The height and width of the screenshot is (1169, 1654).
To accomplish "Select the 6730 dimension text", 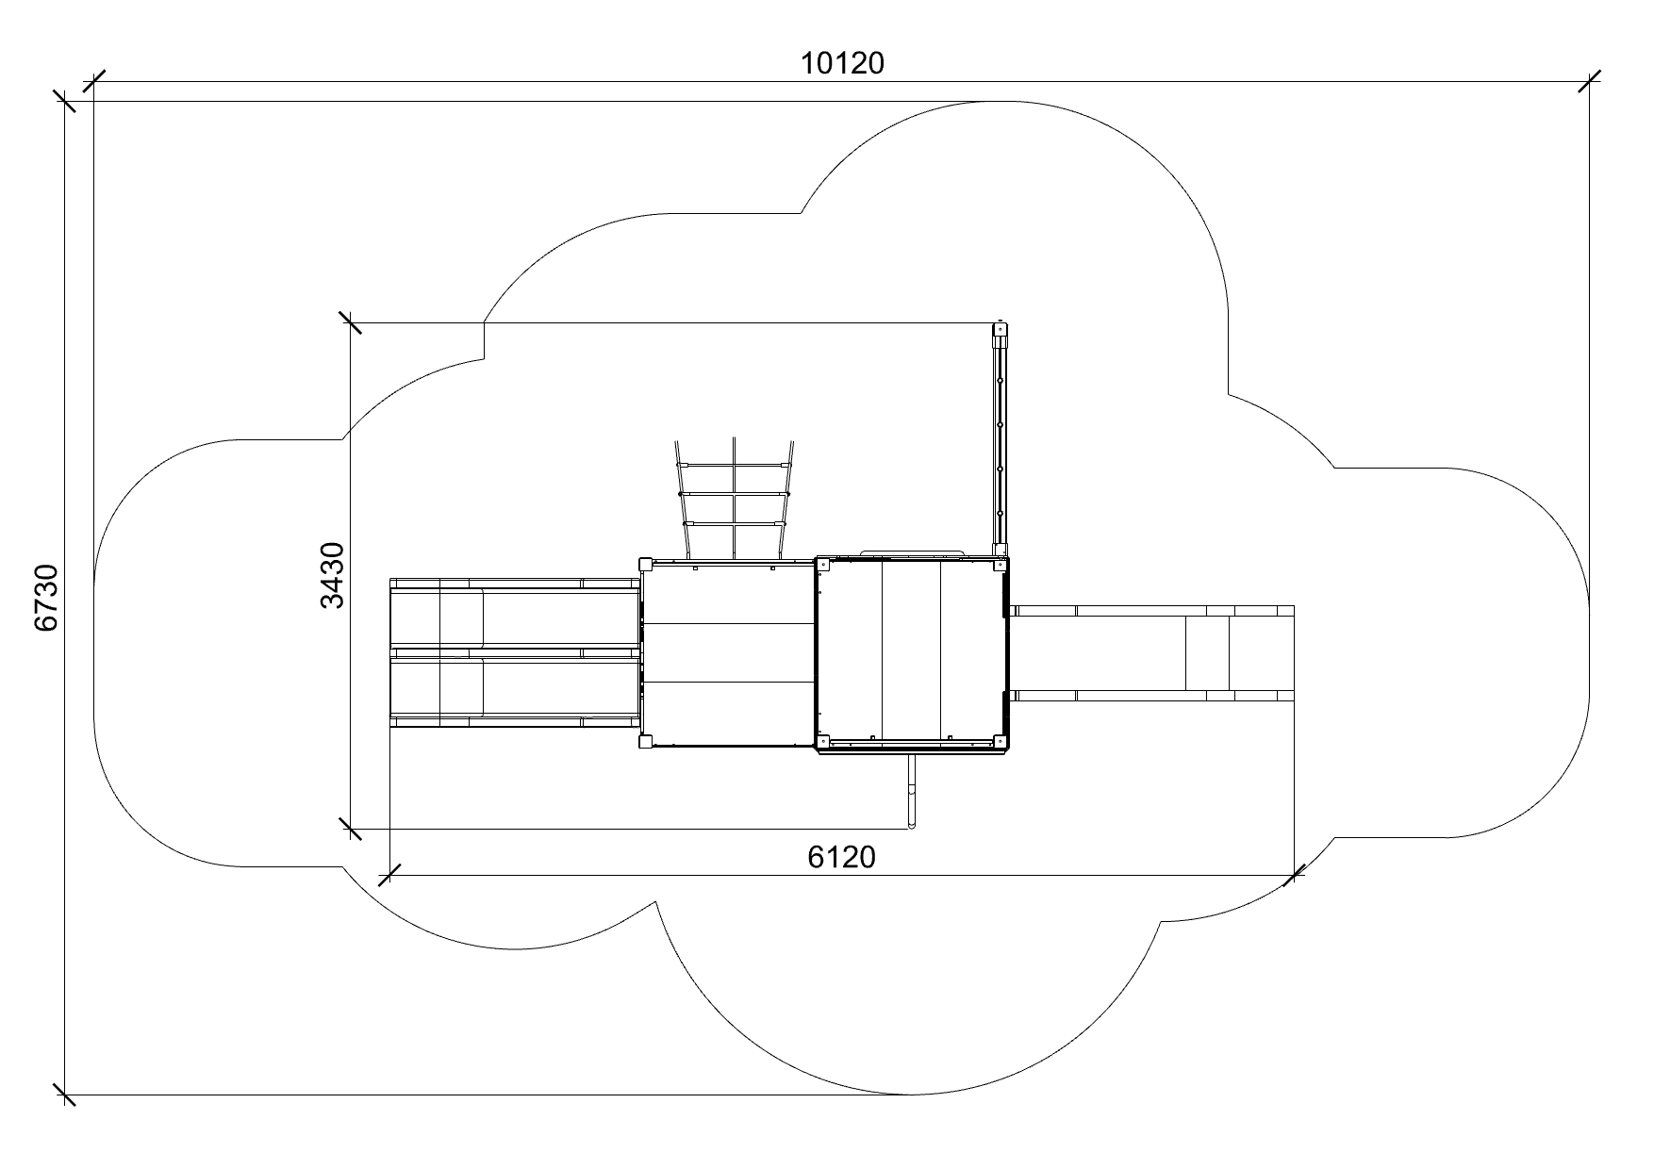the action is coord(47,598).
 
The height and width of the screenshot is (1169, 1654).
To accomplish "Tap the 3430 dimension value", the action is coord(333,576).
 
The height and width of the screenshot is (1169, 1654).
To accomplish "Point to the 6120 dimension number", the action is coord(842,856).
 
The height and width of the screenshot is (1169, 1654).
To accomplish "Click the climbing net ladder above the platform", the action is coord(735,499).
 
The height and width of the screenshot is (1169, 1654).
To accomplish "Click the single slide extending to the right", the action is coord(1151,653).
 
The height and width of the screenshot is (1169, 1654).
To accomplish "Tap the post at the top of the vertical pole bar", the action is coord(1000,331).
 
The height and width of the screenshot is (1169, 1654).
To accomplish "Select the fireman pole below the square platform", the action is coord(912,790).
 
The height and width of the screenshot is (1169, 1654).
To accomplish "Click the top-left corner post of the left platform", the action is coord(646,564).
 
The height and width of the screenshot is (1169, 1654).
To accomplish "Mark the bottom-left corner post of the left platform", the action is coord(646,741).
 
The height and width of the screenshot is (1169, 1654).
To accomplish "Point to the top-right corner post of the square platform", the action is coord(1001,564).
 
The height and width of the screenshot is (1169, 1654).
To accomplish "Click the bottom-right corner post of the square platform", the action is coord(1001,742).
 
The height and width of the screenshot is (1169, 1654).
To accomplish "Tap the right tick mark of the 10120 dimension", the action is coord(1589,82).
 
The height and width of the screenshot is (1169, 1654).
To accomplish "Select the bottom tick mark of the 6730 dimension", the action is coord(64,1095).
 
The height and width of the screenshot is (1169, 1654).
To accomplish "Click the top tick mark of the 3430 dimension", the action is coord(350,323).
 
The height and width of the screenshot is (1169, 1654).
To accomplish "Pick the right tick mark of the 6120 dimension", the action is coord(1295,875).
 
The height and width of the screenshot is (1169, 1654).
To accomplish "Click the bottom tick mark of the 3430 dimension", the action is coord(350,830).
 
